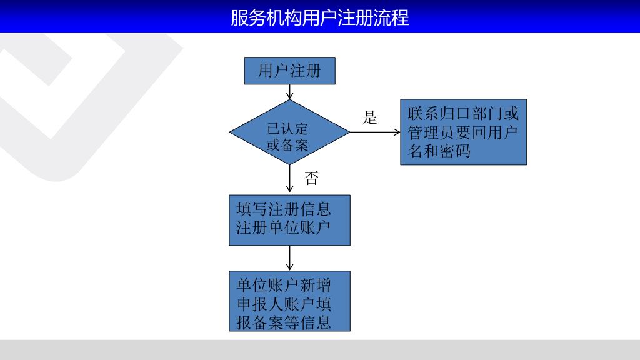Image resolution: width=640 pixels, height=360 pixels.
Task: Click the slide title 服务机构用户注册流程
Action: click(x=319, y=17)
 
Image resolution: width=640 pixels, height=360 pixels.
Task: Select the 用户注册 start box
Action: click(x=289, y=71)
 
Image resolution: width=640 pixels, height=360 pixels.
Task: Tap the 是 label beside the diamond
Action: click(x=370, y=117)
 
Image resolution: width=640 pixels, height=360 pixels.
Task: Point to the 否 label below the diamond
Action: click(x=311, y=179)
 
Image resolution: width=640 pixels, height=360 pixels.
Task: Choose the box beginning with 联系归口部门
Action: click(x=463, y=132)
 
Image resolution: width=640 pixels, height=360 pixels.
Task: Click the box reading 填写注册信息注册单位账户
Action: click(x=289, y=220)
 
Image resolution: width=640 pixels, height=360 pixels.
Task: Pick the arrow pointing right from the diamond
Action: click(x=375, y=132)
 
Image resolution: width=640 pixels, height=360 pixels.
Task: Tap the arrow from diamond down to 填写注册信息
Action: click(x=289, y=179)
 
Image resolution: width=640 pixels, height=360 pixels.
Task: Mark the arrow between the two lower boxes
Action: click(x=289, y=257)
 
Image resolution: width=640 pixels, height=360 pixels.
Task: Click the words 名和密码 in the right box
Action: click(x=439, y=151)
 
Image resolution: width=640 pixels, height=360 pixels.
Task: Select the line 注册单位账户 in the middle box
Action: click(x=283, y=227)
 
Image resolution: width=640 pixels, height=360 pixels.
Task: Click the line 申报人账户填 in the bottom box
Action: click(x=284, y=304)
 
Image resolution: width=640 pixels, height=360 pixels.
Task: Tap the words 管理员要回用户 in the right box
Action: click(x=463, y=133)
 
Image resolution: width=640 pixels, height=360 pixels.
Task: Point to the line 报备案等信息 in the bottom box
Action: click(x=284, y=322)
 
